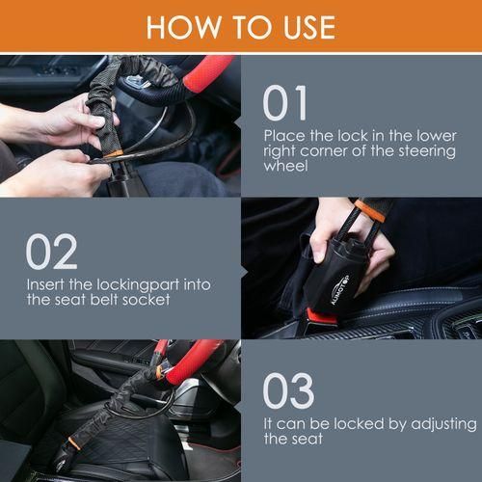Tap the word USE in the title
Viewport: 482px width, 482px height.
[304, 26]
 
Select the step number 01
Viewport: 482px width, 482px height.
[285, 104]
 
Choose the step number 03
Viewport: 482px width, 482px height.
[288, 390]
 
